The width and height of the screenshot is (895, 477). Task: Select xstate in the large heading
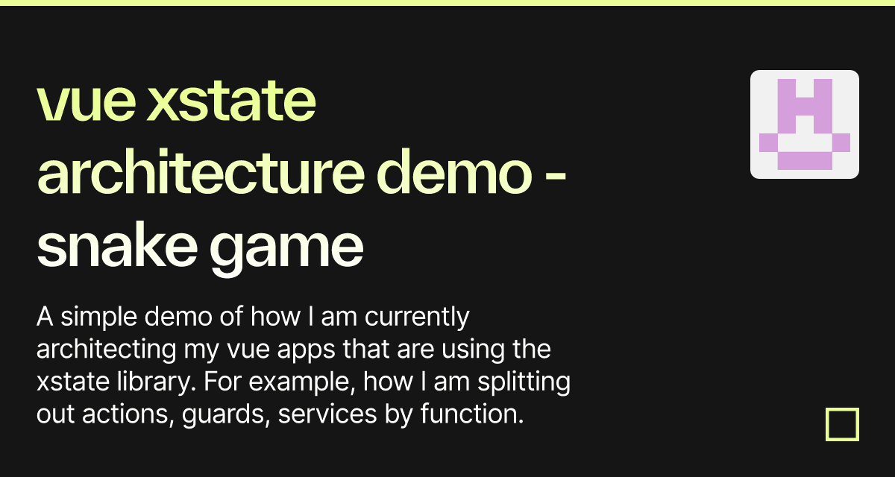tap(231, 99)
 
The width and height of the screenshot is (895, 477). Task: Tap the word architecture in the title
tap(201, 171)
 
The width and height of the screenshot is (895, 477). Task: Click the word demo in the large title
tap(454, 171)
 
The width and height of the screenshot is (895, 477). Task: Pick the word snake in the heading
tap(116, 244)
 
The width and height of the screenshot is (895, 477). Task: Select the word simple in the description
tap(99, 318)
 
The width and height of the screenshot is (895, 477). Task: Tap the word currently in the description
tap(417, 318)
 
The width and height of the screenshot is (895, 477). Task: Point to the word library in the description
tap(156, 382)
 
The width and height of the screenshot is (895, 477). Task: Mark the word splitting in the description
tap(524, 382)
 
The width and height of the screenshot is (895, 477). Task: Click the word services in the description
tap(327, 414)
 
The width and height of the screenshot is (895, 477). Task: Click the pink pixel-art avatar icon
tap(804, 124)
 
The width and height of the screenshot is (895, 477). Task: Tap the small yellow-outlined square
tap(842, 409)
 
